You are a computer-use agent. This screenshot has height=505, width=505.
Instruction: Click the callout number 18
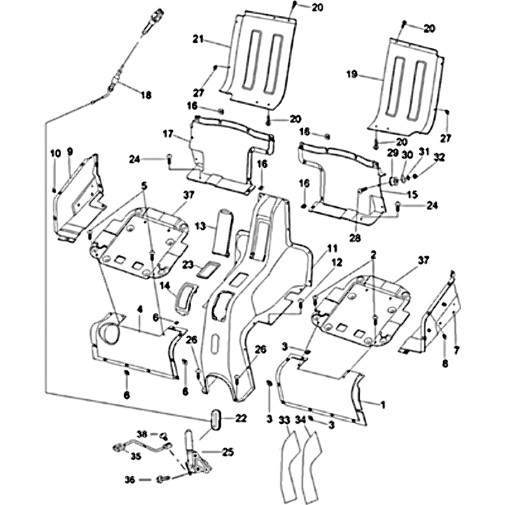point(146,95)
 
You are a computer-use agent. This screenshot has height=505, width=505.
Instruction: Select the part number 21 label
point(197,40)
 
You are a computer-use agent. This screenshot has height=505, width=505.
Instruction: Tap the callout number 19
point(352,74)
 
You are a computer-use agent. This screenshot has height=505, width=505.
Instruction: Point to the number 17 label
point(167,134)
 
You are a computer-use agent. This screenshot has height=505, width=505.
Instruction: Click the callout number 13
point(200,226)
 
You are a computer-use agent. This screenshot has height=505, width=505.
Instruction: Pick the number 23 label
point(188,265)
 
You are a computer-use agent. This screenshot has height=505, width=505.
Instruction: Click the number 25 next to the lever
point(228,452)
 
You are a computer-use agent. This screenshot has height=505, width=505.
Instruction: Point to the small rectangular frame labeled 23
point(207,270)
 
